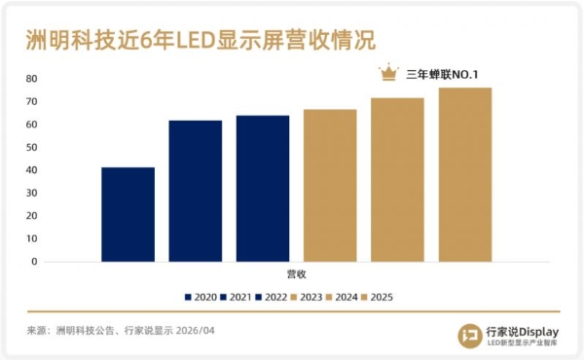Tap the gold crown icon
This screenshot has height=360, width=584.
tap(389, 73)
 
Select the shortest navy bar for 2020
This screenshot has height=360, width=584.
tap(128, 214)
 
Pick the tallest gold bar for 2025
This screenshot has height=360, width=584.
tap(464, 174)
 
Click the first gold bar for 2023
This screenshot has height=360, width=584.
tap(330, 185)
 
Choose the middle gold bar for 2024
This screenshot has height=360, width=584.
tap(397, 179)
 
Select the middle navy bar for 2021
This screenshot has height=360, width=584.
tap(195, 191)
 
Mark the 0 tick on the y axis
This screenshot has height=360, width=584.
tap(34, 262)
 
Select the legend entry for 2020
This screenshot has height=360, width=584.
tap(201, 297)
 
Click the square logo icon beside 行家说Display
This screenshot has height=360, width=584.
tap(470, 334)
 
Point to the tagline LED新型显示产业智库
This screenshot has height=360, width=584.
tap(522, 342)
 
